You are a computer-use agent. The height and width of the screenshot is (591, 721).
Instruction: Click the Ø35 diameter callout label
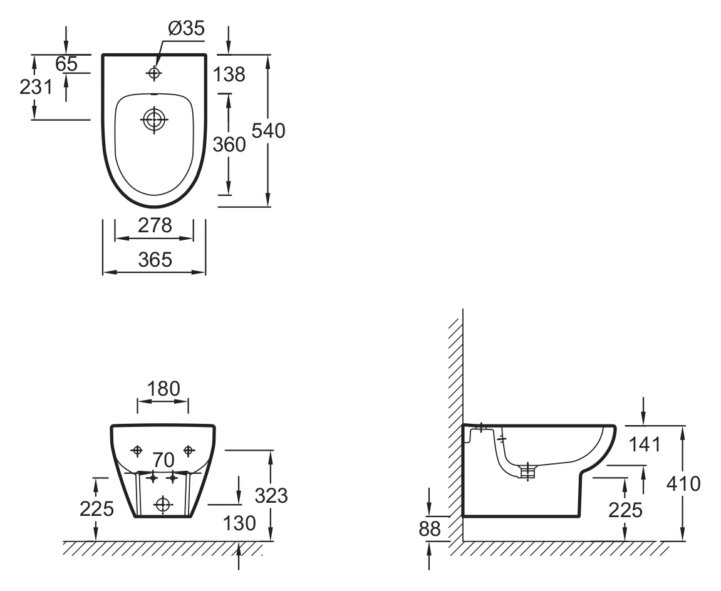(x=186, y=29)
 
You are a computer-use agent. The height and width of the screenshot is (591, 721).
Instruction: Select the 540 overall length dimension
(x=269, y=131)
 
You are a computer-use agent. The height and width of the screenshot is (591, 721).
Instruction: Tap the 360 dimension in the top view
(x=229, y=145)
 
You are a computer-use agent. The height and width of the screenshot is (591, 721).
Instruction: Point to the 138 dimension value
(x=229, y=75)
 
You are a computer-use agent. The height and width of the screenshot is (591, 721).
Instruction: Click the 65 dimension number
(x=66, y=64)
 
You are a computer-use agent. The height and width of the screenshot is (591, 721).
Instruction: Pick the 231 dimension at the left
(x=36, y=86)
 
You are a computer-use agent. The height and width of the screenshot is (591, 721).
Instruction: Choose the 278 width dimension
(x=155, y=225)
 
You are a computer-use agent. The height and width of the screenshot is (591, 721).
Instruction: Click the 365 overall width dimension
(x=155, y=260)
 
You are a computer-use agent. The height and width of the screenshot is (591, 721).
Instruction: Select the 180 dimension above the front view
(x=163, y=389)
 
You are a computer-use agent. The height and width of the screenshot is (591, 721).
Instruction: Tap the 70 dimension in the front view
(x=163, y=460)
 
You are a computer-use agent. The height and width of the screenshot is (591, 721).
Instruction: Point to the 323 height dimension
(x=271, y=495)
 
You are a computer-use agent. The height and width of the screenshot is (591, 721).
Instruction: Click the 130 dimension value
(x=239, y=523)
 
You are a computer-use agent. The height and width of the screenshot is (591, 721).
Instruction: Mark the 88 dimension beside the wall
(x=430, y=529)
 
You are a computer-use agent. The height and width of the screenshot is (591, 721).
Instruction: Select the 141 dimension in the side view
(x=645, y=445)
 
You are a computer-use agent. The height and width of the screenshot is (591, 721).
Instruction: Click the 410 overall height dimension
(x=684, y=483)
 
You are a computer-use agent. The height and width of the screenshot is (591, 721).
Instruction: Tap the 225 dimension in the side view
(x=625, y=510)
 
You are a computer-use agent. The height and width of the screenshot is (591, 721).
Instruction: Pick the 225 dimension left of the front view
(x=96, y=509)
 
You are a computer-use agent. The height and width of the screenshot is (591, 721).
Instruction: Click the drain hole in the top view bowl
(x=154, y=120)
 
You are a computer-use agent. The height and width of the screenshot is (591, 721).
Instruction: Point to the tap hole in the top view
(x=154, y=73)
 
